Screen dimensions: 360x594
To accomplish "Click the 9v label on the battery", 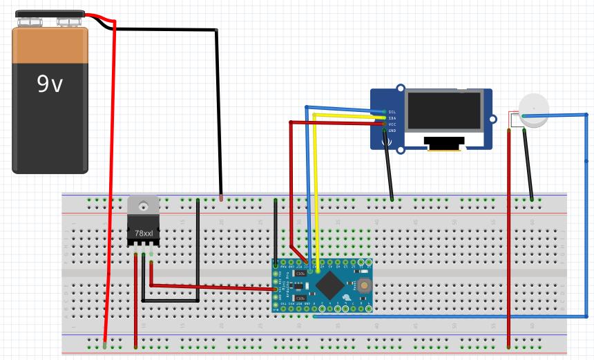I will [50, 84].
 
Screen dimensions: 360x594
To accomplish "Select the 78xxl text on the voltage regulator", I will [144, 234].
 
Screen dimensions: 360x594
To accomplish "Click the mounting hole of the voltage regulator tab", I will [144, 205].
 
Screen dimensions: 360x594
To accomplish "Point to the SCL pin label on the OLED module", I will [392, 111].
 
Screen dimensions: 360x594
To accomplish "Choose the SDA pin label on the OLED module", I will [392, 118].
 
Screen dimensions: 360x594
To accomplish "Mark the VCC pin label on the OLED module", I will [392, 124].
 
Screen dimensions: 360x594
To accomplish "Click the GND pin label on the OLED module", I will [392, 131].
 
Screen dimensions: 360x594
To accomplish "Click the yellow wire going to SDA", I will [316, 187].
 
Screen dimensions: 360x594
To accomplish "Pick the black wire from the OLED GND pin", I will [389, 166].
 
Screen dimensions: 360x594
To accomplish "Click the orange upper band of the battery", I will [50, 44].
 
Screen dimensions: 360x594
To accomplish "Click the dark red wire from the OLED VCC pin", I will [291, 187].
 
